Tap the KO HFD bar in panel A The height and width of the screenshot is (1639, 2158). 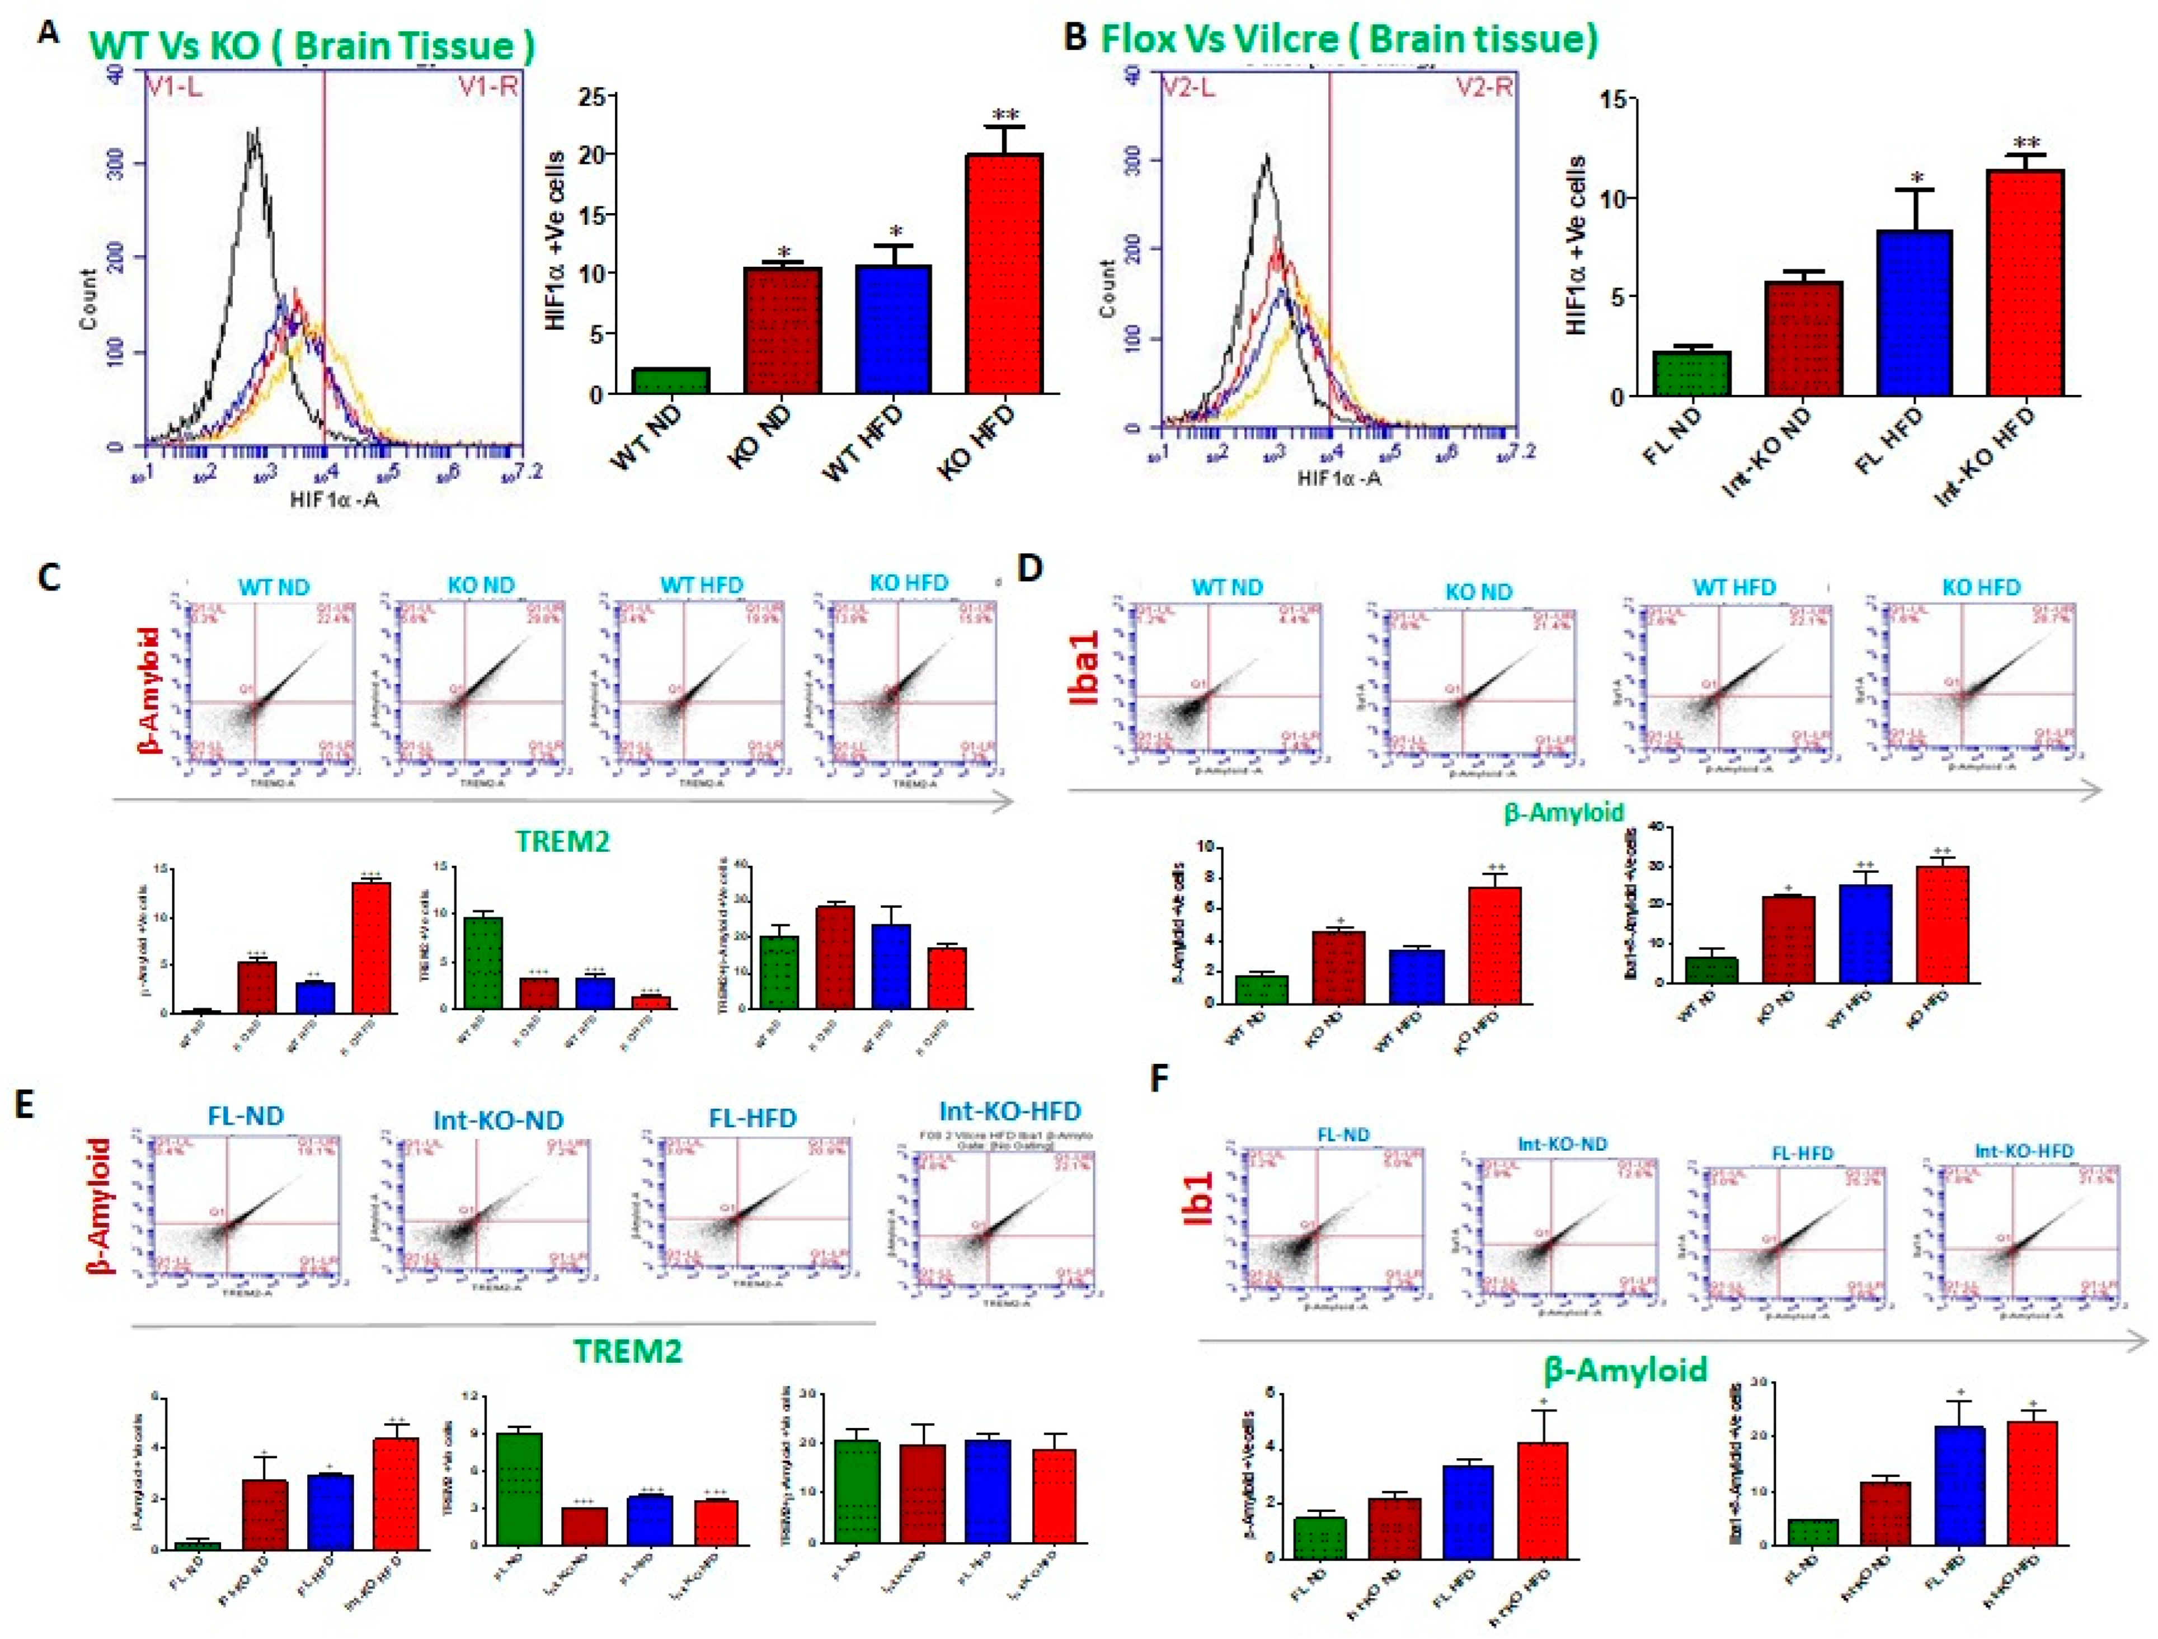tap(1004, 273)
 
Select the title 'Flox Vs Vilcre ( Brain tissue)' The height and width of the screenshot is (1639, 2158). tap(1349, 39)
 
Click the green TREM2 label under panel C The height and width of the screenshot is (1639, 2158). tap(563, 841)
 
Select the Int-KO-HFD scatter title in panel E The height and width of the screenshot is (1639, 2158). tap(1010, 1111)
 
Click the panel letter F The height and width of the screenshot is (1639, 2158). tap(1159, 1081)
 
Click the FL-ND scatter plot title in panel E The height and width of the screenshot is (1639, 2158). tap(246, 1115)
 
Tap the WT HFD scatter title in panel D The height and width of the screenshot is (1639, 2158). tap(1734, 587)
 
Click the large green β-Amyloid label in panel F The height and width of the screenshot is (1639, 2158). tap(1625, 1370)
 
